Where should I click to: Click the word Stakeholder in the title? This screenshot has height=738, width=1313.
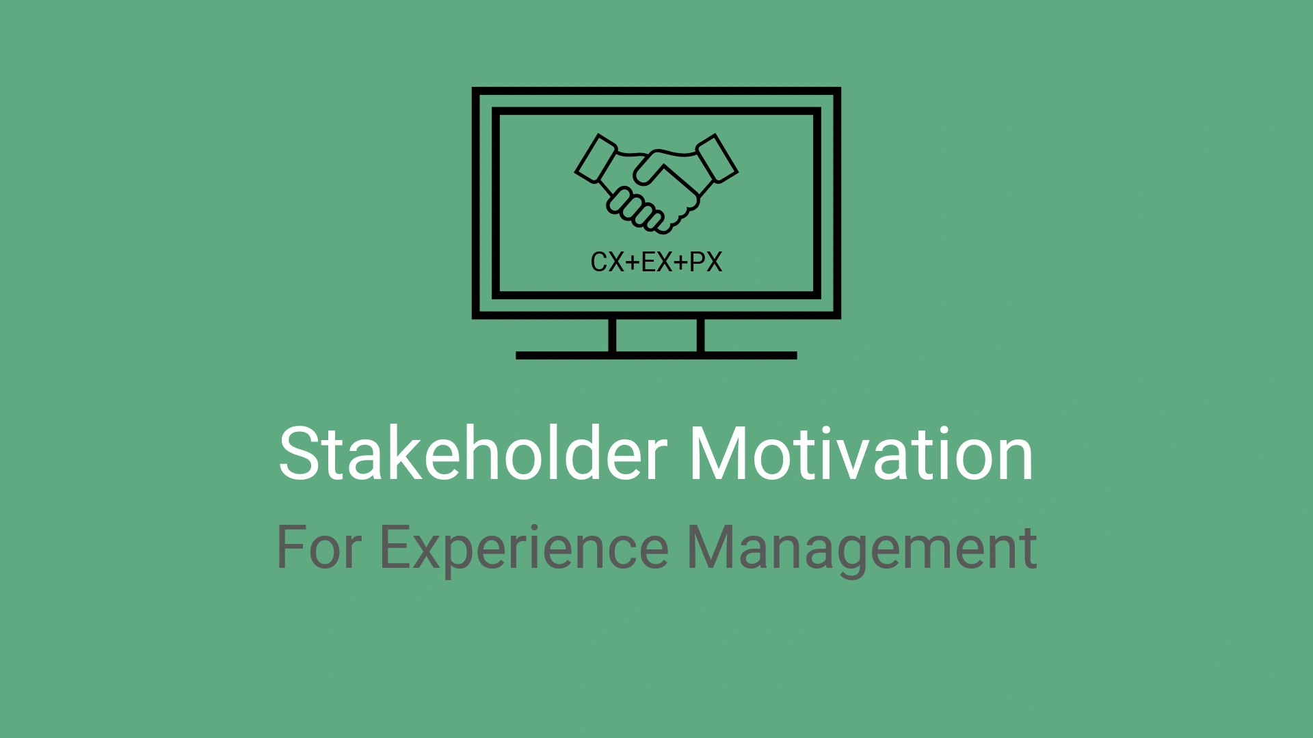pos(473,454)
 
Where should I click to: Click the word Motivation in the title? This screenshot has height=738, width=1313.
pos(860,454)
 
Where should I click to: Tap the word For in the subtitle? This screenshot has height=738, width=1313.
pos(318,547)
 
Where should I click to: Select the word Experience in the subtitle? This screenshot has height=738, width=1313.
pos(524,547)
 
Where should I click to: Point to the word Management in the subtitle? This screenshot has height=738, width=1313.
pos(862,547)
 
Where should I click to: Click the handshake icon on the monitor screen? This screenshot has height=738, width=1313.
pos(656,182)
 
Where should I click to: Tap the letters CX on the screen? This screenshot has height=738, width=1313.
pos(607,262)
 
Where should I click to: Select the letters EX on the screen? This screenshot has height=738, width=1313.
pos(656,262)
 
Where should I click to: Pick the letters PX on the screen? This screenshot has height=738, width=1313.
pos(706,262)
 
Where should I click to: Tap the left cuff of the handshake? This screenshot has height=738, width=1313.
pos(596,158)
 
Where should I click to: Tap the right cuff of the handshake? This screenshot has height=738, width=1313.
pos(716,158)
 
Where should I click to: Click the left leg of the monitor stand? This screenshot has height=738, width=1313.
pos(612,336)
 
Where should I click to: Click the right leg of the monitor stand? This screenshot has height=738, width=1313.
pos(701,336)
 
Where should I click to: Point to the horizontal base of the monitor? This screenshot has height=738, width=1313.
pos(656,355)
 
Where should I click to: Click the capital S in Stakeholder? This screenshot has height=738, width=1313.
pos(299,454)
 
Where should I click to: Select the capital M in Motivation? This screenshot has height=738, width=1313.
pos(718,454)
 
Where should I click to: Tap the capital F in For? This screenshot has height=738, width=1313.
pos(290,547)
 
